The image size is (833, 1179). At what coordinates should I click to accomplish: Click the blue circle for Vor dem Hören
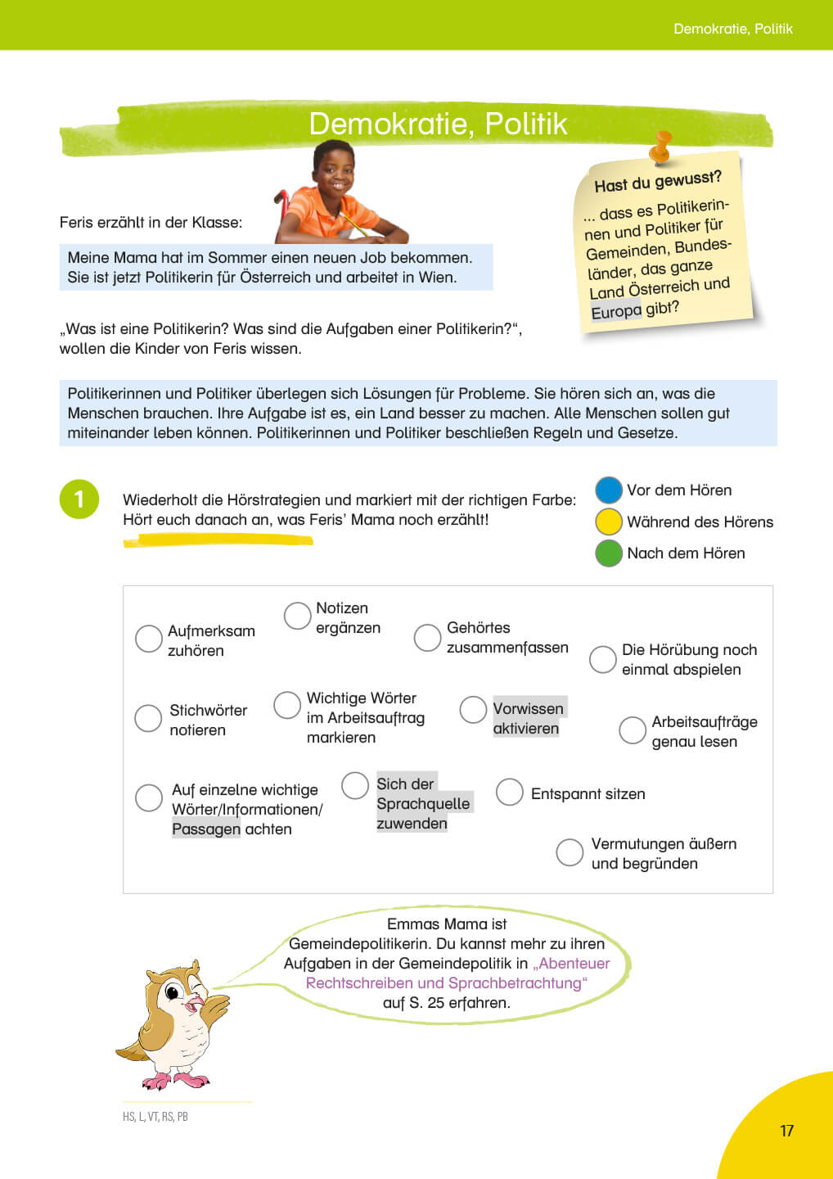click(609, 490)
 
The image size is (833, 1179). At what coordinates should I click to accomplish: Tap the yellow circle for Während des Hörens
click(609, 522)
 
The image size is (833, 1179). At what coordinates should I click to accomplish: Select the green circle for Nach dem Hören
click(609, 553)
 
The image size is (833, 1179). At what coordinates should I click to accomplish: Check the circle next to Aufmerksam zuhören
click(148, 639)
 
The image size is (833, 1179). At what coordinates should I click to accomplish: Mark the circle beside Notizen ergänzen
click(297, 616)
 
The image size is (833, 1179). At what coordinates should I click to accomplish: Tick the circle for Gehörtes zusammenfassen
click(427, 637)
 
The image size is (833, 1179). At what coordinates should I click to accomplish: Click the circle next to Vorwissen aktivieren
click(473, 709)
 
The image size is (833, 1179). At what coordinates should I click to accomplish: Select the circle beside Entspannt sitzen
click(509, 792)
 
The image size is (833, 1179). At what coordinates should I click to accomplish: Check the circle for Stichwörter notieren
click(147, 718)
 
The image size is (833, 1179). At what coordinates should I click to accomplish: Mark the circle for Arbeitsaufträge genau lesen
click(633, 730)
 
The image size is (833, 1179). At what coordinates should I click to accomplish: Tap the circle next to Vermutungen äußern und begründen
click(570, 851)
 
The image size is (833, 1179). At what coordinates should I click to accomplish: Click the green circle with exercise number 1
click(79, 499)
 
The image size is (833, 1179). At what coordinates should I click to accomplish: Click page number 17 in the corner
click(786, 1131)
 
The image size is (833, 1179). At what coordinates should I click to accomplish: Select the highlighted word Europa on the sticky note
click(616, 312)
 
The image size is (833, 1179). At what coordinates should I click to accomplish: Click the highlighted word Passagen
click(206, 829)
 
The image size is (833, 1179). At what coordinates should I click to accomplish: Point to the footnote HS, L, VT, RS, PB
click(155, 1117)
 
